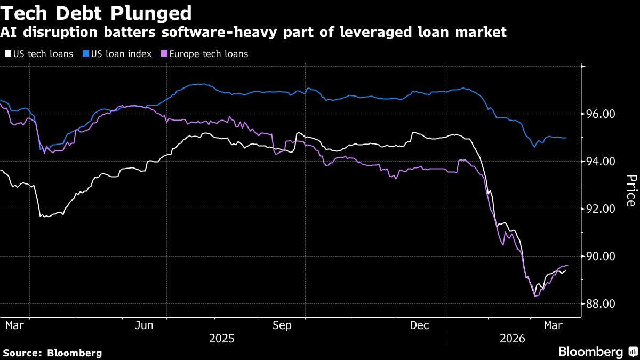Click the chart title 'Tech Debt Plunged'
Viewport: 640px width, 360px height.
point(97,12)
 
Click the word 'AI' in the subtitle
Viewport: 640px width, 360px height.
point(9,33)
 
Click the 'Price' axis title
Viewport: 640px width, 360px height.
point(630,190)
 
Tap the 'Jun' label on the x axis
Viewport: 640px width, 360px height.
point(145,325)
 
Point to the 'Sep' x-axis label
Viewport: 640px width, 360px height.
point(282,325)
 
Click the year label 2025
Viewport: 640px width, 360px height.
point(221,339)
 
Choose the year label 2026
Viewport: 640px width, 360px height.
point(513,339)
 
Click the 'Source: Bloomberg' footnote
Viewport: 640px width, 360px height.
point(52,353)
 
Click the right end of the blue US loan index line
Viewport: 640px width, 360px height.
point(565,138)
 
